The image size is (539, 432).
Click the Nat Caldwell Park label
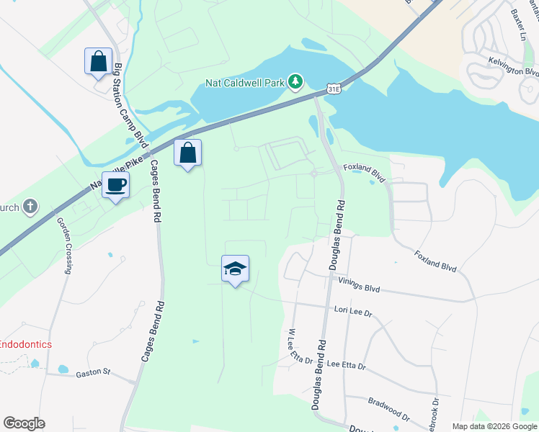[245, 83]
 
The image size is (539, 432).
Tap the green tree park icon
[295, 83]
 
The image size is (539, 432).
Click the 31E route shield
[331, 89]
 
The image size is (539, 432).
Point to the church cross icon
[30, 207]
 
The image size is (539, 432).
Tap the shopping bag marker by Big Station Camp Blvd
[98, 62]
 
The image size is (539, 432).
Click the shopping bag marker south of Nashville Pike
[187, 153]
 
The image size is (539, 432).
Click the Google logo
[24, 423]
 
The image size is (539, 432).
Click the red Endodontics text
[25, 344]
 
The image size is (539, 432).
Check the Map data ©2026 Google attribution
[495, 426]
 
